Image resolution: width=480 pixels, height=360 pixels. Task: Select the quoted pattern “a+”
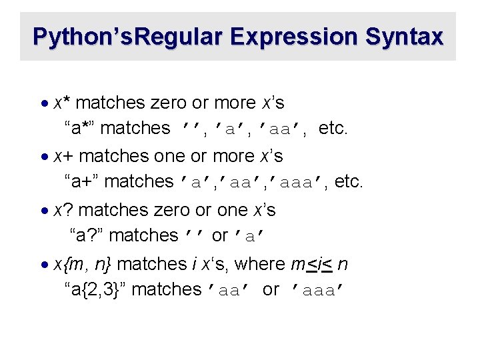tap(81, 181)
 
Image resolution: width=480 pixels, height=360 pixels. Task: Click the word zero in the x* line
tap(169, 103)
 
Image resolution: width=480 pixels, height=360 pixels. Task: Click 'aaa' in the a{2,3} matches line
tap(319, 290)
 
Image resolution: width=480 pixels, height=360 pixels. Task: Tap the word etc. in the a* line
tap(333, 128)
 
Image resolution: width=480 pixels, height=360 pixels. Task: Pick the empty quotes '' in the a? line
tap(193, 236)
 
